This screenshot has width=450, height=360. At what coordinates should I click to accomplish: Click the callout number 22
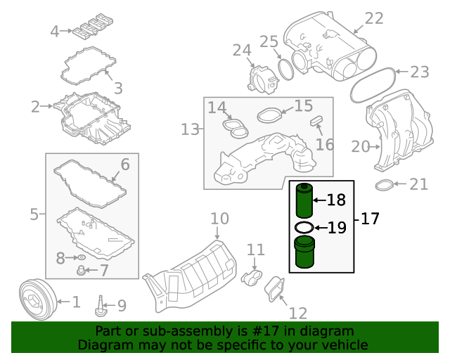coord(374,18)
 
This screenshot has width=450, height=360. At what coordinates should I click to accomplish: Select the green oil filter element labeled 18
coord(304,200)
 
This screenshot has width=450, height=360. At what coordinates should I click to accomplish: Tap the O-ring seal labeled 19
coord(303,228)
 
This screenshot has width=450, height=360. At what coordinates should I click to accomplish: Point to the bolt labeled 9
coord(102,305)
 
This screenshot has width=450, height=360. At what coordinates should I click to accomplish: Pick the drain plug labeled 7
coord(82,270)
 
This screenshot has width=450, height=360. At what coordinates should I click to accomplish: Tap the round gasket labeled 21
coord(382,186)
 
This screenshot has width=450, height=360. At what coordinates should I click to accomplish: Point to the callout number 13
coord(190,129)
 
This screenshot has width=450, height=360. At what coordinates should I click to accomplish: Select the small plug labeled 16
coord(316,121)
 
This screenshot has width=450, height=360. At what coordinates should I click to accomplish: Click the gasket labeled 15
coord(269,114)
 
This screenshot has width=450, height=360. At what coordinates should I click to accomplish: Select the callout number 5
coord(34,214)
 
